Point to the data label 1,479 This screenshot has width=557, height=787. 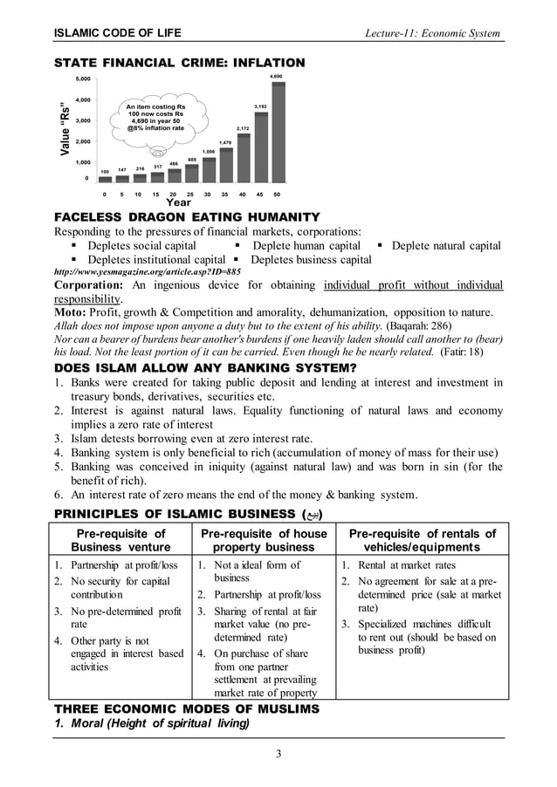[x=225, y=141]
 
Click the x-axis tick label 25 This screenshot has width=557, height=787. [x=190, y=194]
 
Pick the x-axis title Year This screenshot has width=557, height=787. [x=178, y=202]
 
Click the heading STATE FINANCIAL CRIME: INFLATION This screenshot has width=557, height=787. [x=180, y=63]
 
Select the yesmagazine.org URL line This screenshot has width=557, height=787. [x=148, y=272]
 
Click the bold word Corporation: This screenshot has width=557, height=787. [x=91, y=285]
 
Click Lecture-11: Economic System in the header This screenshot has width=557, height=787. [x=433, y=33]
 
